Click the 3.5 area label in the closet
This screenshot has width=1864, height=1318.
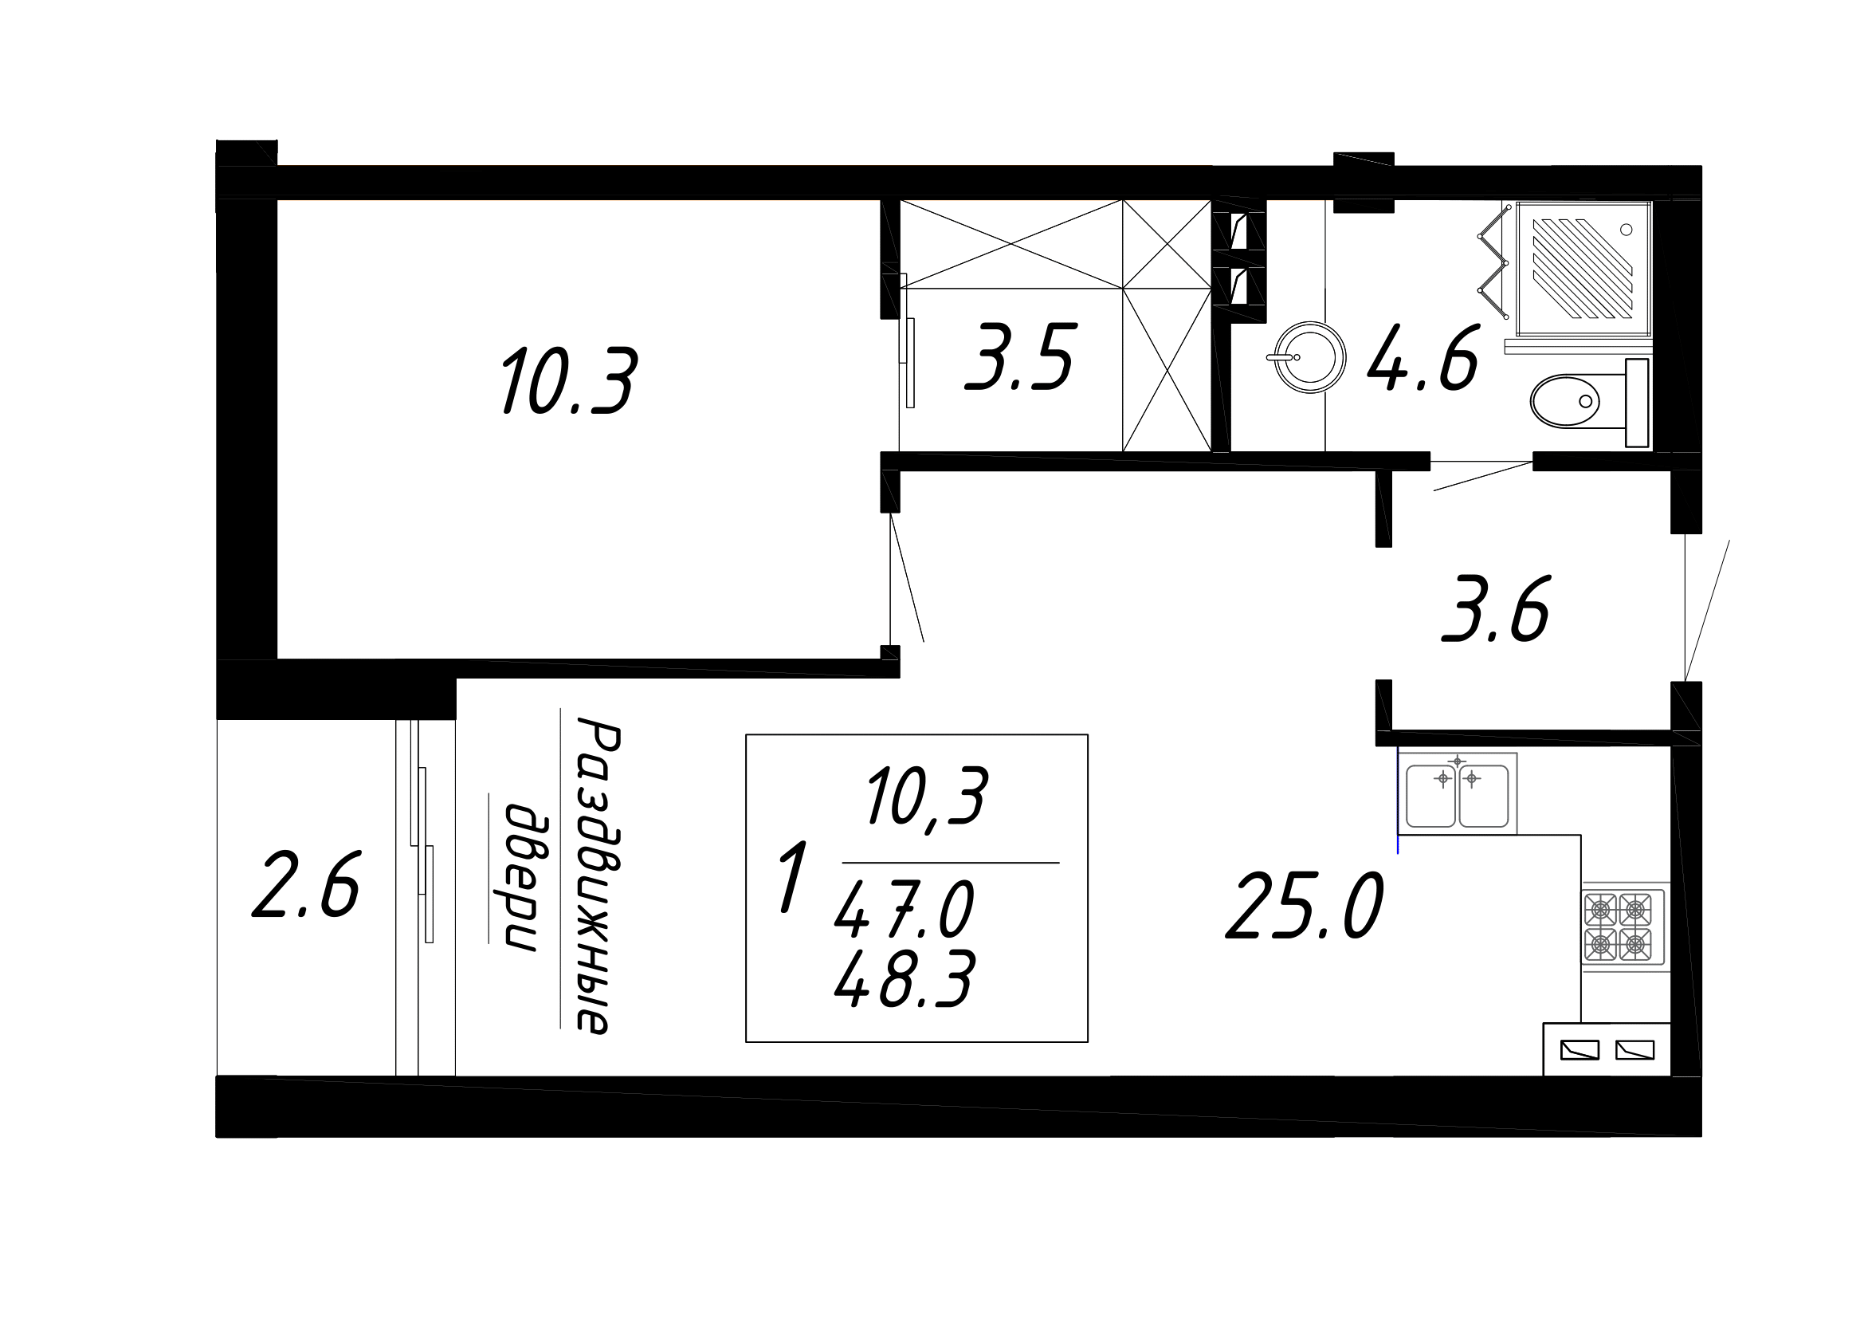click(x=1020, y=356)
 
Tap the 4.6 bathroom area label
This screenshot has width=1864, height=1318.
click(x=1423, y=358)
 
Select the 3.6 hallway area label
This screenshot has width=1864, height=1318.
click(x=1495, y=609)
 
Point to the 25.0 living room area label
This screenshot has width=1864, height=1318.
click(x=1304, y=907)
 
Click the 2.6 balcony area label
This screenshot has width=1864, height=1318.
click(x=305, y=885)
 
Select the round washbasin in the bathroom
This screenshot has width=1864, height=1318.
click(x=1309, y=357)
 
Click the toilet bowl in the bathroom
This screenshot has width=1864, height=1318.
click(x=1565, y=400)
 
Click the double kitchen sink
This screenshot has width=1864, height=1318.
click(x=1458, y=793)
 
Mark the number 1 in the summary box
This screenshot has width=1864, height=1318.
click(x=792, y=877)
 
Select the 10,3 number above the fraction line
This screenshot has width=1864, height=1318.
click(x=926, y=796)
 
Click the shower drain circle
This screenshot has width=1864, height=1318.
click(x=1627, y=230)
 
